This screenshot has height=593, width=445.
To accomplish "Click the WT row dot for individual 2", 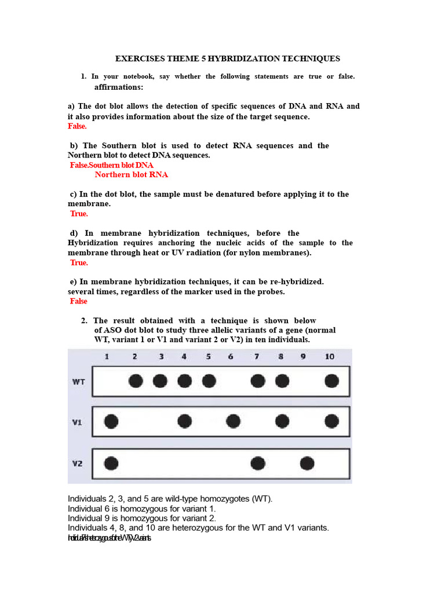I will tap(136, 380).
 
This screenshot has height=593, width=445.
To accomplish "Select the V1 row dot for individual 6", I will tap(233, 421).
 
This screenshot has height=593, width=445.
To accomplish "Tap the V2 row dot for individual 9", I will tap(307, 463).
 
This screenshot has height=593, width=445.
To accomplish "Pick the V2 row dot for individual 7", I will tap(258, 463).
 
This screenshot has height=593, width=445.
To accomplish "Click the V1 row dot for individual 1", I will tap(111, 421).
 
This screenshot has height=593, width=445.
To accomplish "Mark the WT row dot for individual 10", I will tap(331, 380).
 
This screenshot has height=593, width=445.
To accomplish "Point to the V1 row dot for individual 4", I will tap(184, 421).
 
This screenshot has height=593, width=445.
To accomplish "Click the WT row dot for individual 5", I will tap(209, 380).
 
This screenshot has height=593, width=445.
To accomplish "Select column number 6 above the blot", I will tap(231, 357).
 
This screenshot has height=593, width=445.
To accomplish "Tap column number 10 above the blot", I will tap(329, 357).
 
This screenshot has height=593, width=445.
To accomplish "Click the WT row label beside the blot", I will tap(79, 382).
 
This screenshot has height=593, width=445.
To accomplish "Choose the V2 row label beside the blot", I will tap(78, 463).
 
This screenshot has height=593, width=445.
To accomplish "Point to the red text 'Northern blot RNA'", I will tap(132, 174).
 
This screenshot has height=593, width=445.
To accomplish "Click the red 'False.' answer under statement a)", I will tap(77, 126).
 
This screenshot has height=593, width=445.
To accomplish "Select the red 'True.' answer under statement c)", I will tap(79, 214).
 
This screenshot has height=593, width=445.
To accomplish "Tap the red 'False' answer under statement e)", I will tap(78, 301).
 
